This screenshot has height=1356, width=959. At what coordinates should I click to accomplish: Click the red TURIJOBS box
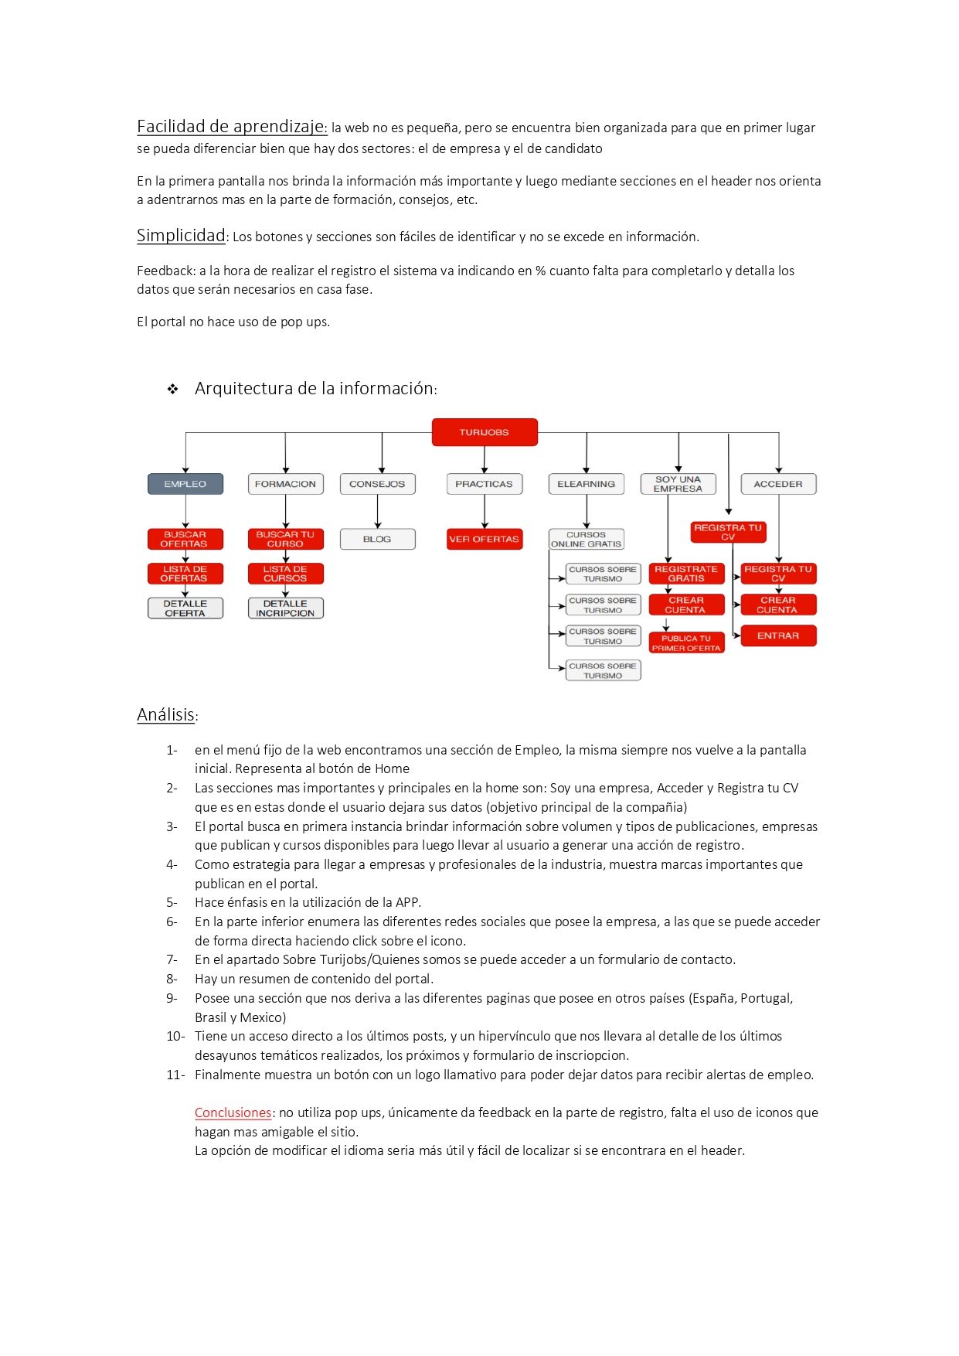485,432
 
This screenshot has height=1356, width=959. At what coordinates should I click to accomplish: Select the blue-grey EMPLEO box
185,484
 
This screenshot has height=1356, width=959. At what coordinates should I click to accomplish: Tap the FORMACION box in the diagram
285,484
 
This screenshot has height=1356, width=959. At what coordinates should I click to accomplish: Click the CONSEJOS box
377,484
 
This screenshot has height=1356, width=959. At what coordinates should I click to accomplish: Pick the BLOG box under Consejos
377,539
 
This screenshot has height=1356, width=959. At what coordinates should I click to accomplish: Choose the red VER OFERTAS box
485,539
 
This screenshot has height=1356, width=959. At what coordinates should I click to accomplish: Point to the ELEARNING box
586,484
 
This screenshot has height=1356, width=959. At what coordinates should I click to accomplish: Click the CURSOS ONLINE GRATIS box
586,539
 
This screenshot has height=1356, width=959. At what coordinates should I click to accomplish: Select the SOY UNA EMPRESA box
678,484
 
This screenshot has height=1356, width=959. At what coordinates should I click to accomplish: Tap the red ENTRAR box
778,635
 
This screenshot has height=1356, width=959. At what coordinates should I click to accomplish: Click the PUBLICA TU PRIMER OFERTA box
686,643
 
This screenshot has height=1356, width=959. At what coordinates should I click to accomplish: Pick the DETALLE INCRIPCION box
285,608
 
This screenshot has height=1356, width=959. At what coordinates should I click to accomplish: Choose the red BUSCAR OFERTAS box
185,539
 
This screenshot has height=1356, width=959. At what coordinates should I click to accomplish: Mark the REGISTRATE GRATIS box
686,574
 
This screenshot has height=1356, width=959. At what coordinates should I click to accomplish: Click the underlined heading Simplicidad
181,236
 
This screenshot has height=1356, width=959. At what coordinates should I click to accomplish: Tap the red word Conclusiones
233,1112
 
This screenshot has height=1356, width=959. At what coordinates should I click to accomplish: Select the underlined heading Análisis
165,715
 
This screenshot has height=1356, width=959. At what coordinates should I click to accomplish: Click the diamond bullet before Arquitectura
173,390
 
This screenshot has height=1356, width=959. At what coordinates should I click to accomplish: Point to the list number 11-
175,1075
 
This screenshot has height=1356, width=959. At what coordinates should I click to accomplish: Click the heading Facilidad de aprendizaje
230,127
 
